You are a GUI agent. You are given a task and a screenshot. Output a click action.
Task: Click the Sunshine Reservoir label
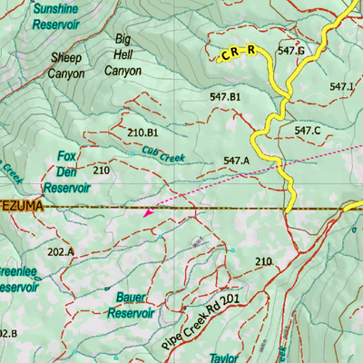click(x=55, y=16)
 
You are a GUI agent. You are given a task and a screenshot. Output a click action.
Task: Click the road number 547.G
click(x=290, y=51)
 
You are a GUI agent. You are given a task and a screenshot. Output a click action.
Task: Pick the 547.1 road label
click(x=342, y=86)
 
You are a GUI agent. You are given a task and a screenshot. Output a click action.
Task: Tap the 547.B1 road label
click(x=224, y=95)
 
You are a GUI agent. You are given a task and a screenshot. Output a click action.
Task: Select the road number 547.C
click(x=308, y=131)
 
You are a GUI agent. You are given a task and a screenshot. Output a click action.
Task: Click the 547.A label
click(x=236, y=161)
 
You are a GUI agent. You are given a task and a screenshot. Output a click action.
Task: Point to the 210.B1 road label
click(x=142, y=132)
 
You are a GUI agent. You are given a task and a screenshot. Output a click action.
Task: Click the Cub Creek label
click(x=162, y=154)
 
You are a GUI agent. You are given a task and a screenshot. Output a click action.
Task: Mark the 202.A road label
click(x=60, y=251)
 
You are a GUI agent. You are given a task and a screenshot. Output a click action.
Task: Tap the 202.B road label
click(x=7, y=333)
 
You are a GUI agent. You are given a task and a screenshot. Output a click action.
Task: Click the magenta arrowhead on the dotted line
click(x=147, y=213)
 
